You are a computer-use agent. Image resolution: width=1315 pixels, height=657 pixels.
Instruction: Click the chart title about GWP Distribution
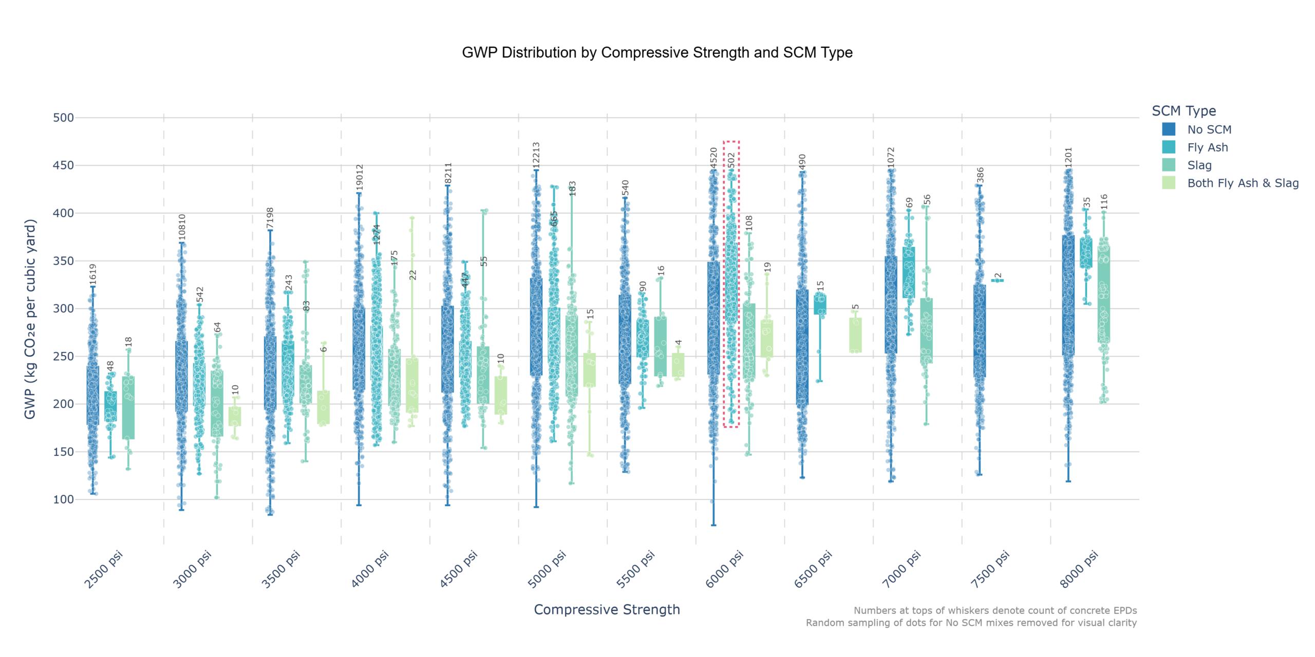pyautogui.click(x=657, y=52)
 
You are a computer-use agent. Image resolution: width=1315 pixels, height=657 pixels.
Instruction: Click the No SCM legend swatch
pyautogui.click(x=1169, y=129)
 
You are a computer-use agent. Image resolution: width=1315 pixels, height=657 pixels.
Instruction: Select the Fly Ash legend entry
pyautogui.click(x=1207, y=147)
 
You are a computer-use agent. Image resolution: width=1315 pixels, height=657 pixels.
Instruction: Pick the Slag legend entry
pyautogui.click(x=1199, y=165)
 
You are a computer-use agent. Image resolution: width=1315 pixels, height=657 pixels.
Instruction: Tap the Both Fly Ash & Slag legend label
pyautogui.click(x=1243, y=183)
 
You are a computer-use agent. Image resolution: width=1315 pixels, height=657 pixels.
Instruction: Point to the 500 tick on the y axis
pyautogui.click(x=63, y=118)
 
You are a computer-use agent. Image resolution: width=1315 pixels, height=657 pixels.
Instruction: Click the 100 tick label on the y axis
pyautogui.click(x=63, y=499)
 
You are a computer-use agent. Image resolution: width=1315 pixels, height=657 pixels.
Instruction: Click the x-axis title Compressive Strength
pyautogui.click(x=607, y=609)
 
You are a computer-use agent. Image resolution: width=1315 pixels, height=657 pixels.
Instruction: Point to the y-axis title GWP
pyautogui.click(x=30, y=319)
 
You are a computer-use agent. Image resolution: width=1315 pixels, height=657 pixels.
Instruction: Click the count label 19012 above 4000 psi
pyautogui.click(x=360, y=177)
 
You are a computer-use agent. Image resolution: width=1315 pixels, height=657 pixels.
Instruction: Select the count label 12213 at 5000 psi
pyautogui.click(x=536, y=156)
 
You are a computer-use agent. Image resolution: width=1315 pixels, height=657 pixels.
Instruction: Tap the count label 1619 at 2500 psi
pyautogui.click(x=93, y=275)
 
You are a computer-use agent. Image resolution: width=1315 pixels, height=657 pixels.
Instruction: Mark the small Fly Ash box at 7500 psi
pyautogui.click(x=997, y=280)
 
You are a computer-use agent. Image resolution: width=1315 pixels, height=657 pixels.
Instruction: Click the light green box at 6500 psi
pyautogui.click(x=855, y=335)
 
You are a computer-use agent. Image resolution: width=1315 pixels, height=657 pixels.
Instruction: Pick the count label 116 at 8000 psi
pyautogui.click(x=1104, y=202)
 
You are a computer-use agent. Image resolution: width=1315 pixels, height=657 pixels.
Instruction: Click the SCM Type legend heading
pyautogui.click(x=1183, y=111)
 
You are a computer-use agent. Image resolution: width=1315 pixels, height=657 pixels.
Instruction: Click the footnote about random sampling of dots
pyautogui.click(x=971, y=623)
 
